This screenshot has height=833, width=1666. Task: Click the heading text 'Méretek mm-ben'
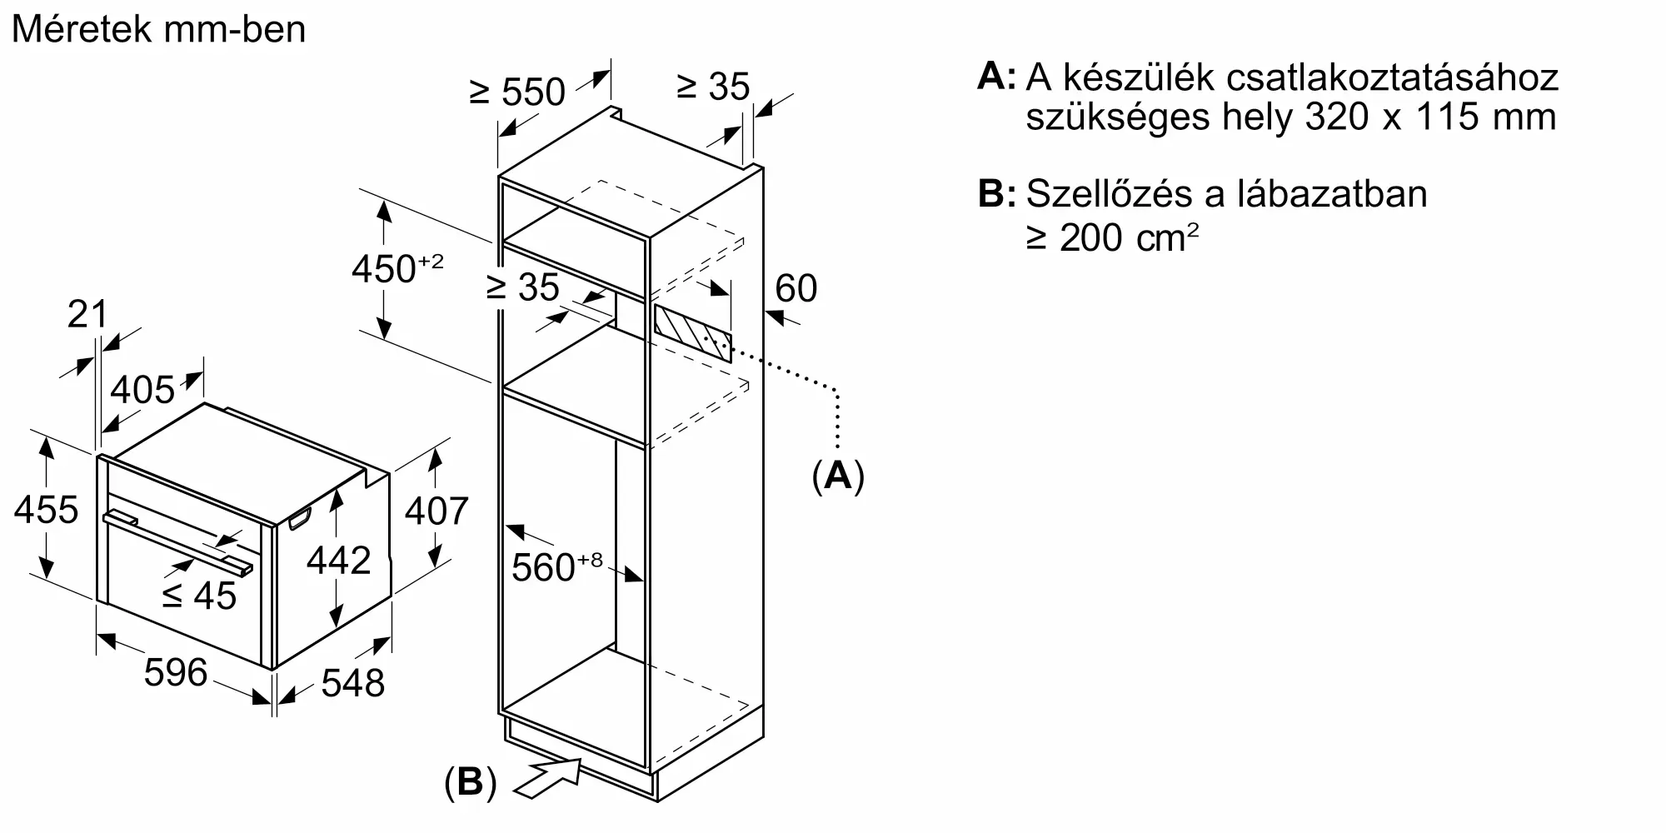point(158,30)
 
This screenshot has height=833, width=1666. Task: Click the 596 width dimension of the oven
point(175,672)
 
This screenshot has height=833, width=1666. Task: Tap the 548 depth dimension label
point(352,683)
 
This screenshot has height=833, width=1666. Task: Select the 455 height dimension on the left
point(46,509)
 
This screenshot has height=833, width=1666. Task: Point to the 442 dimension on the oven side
point(338,561)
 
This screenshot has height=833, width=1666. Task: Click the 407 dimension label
point(436,510)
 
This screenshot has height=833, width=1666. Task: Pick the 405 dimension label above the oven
point(142,389)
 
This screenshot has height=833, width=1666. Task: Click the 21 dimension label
point(87,314)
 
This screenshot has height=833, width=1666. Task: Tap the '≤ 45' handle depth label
point(199,595)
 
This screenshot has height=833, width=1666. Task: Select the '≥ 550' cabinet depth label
point(517,92)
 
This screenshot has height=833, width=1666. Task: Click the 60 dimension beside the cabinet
point(796,288)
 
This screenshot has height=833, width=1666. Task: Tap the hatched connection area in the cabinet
point(692,332)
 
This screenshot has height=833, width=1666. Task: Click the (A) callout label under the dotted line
point(838,476)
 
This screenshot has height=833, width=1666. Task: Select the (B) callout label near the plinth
point(470,782)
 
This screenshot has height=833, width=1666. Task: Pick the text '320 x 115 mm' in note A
point(1430,117)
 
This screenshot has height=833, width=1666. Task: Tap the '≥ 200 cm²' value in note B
point(1112,238)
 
